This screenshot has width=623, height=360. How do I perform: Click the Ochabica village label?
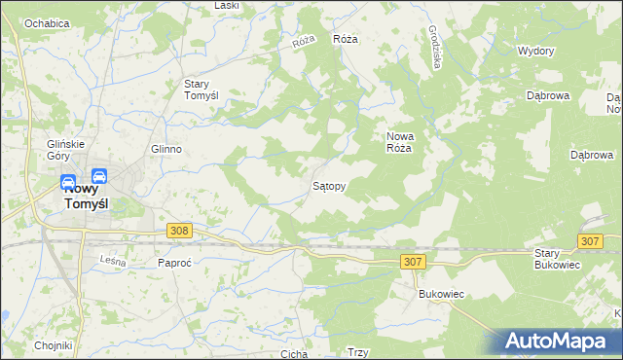[x=46, y=22]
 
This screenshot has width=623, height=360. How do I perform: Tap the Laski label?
[x=227, y=6]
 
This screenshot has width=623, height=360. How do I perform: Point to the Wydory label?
[x=535, y=50]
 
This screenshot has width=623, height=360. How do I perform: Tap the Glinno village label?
[x=166, y=149]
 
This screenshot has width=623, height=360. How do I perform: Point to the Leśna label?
[x=114, y=260]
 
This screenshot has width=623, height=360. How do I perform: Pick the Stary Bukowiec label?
[x=557, y=258]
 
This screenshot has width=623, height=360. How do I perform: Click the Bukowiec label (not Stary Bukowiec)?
[x=438, y=293]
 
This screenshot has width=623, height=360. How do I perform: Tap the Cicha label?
[x=294, y=354]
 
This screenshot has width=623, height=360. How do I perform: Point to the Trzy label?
[x=357, y=353]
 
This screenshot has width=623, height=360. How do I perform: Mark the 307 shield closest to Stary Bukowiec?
[x=590, y=240]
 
